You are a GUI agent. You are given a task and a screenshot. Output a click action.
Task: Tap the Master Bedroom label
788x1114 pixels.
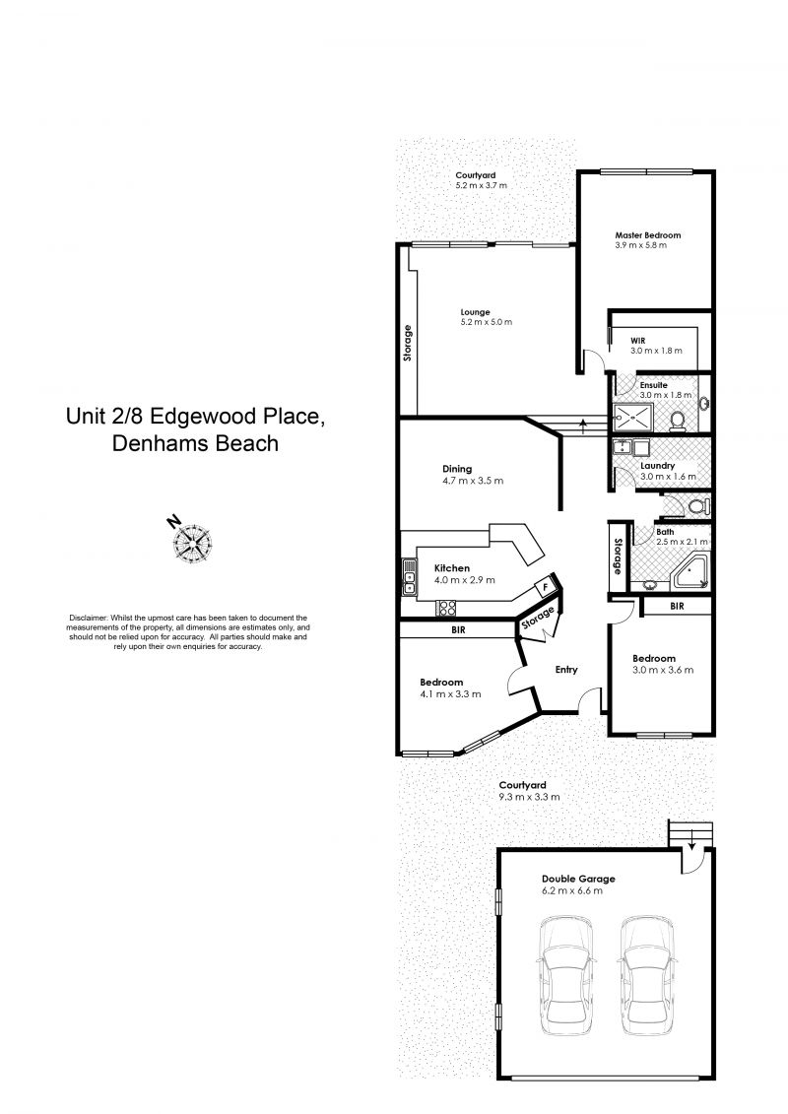pos(647,235)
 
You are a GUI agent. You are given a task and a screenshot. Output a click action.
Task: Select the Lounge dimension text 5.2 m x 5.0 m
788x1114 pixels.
pos(486,322)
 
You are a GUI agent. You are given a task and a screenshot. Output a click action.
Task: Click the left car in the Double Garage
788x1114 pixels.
pos(566,974)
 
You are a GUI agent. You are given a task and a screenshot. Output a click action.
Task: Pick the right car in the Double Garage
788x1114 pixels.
pos(646,974)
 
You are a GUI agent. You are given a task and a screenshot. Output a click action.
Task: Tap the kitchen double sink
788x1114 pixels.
pos(410,577)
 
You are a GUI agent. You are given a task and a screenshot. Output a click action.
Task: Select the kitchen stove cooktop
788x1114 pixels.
pos(446,608)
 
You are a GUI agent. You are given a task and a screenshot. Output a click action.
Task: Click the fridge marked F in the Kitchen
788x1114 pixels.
pos(545,586)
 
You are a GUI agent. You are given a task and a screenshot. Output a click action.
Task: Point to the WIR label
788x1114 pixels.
pos(637,341)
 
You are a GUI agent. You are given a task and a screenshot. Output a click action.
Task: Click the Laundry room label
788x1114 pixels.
pos(657,466)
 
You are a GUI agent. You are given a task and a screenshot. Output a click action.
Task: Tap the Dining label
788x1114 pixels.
pos(457,469)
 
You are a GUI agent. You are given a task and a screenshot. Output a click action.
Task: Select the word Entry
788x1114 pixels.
pos(566,669)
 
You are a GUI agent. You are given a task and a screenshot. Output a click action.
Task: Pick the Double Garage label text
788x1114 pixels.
pos(578,879)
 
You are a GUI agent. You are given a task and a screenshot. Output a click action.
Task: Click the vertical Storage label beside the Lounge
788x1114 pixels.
pos(408,343)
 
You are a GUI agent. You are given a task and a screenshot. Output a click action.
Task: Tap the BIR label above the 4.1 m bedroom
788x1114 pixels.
pos(458,629)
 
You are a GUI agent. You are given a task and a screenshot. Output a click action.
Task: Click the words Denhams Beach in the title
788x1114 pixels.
pos(195,443)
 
